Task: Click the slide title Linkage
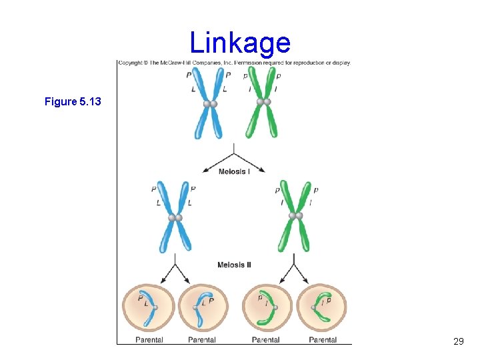[240, 43]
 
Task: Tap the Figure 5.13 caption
[73, 102]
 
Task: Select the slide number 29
[458, 341]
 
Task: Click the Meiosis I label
[235, 172]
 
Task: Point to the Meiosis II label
[235, 265]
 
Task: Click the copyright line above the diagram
[234, 63]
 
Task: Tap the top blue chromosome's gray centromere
[210, 103]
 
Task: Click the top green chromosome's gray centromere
[263, 102]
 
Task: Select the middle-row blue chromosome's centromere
[175, 217]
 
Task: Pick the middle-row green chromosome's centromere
[296, 216]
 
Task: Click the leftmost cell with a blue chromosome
[148, 307]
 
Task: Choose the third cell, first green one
[266, 307]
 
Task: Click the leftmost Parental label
[149, 340]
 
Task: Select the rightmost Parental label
[323, 340]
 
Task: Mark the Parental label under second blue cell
[202, 340]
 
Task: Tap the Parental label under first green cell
[266, 340]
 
